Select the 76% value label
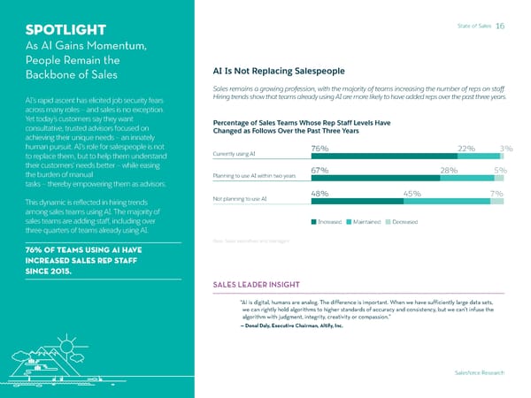tap(320, 148)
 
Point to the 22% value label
tap(466, 148)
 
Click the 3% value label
tap(506, 148)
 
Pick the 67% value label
tap(320, 171)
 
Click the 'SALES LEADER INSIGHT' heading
tap(263, 285)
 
